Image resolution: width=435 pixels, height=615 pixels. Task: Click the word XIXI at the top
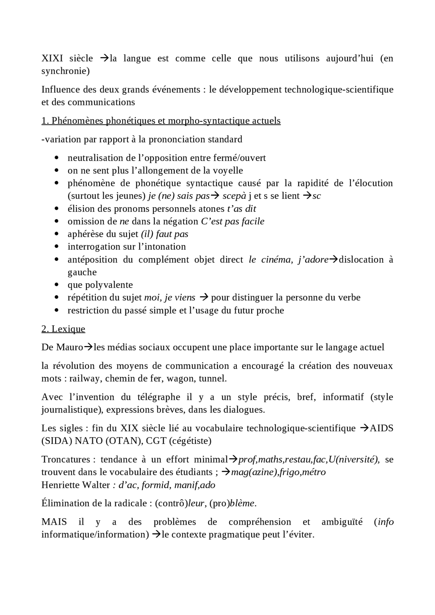click(52, 58)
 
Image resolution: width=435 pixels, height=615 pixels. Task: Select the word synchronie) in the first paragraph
click(65, 71)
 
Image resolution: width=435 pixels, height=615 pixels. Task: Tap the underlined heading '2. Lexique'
click(63, 329)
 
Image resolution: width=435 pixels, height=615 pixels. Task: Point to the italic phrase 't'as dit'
click(241, 209)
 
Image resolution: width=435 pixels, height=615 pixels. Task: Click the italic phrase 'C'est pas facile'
click(232, 221)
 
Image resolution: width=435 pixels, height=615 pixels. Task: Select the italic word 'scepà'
click(234, 196)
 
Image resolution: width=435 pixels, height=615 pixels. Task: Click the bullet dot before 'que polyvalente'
click(57, 285)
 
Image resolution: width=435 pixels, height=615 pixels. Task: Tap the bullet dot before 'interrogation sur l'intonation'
click(57, 247)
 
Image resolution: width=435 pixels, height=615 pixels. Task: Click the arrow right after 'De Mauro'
click(88, 347)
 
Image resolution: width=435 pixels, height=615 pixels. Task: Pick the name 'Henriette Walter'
click(75, 485)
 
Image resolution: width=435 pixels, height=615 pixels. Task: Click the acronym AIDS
click(381, 428)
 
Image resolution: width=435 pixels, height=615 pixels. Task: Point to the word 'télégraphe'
click(159, 397)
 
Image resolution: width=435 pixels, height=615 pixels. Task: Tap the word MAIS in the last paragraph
click(54, 522)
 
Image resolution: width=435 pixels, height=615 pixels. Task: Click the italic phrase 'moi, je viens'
click(170, 297)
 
